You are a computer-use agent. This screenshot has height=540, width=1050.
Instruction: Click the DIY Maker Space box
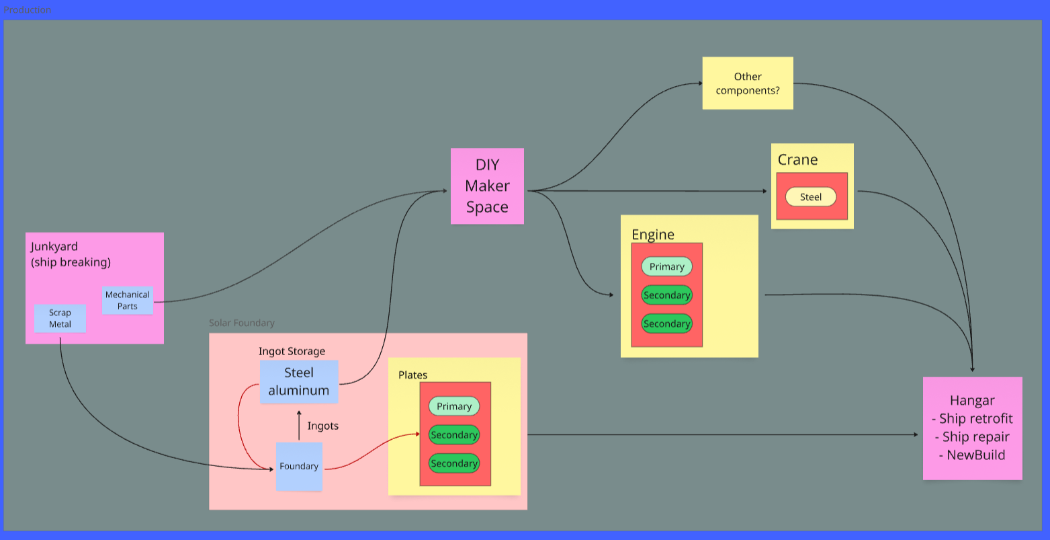[487, 186]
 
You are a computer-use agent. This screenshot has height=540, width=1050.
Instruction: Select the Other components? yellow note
[748, 83]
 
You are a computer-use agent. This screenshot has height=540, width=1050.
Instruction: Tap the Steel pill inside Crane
[810, 197]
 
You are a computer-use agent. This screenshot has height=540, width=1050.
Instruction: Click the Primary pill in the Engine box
[666, 266]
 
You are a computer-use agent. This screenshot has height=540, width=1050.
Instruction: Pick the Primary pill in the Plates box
[453, 406]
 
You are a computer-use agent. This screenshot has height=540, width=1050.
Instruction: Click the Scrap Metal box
[60, 319]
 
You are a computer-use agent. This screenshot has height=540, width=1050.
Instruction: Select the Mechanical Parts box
[128, 300]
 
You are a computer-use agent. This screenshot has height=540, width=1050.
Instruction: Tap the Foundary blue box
[299, 466]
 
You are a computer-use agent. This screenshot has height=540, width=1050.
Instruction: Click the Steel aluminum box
[299, 382]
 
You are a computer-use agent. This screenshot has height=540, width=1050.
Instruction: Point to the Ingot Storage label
[292, 352]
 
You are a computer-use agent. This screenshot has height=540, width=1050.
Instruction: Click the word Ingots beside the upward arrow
[323, 426]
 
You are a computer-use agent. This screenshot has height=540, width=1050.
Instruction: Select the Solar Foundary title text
[241, 323]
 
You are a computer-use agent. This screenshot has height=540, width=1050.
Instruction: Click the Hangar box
[973, 428]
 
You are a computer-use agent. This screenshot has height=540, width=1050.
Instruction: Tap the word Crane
[798, 160]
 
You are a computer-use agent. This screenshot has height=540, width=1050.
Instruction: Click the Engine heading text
[653, 235]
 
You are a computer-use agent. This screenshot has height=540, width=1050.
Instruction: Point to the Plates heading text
[413, 375]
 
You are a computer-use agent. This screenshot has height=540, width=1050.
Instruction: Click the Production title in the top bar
[27, 10]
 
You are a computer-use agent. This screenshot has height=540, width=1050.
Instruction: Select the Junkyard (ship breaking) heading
[71, 254]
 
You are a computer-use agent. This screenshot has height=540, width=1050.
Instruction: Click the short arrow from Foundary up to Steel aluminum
[299, 425]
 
